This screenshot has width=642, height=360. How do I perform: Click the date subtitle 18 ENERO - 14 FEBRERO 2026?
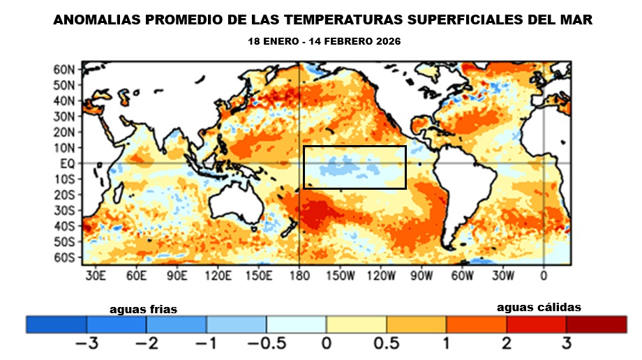pyautogui.click(x=324, y=42)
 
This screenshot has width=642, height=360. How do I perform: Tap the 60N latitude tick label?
pyautogui.click(x=64, y=69)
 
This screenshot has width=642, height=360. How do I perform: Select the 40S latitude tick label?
pyautogui.click(x=64, y=226)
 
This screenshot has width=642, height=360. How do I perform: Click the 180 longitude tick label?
pyautogui.click(x=299, y=275)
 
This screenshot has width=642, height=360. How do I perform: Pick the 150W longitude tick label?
pyautogui.click(x=341, y=275)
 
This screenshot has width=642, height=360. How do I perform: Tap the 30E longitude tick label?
pyautogui.click(x=96, y=275)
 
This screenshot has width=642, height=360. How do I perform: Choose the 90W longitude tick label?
pyautogui.click(x=421, y=275)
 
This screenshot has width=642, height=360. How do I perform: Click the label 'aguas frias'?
pyautogui.click(x=143, y=309)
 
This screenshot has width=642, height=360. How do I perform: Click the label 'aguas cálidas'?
pyautogui.click(x=539, y=307)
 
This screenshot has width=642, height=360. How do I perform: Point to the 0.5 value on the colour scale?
pyautogui.click(x=386, y=343)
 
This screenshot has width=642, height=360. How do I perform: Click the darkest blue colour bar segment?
pyautogui.click(x=56, y=324)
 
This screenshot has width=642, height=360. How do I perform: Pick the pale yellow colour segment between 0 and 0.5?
pyautogui.click(x=356, y=324)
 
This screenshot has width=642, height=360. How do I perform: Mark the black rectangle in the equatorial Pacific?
pyautogui.click(x=354, y=147)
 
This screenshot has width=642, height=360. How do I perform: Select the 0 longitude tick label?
pyautogui.click(x=544, y=275)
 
